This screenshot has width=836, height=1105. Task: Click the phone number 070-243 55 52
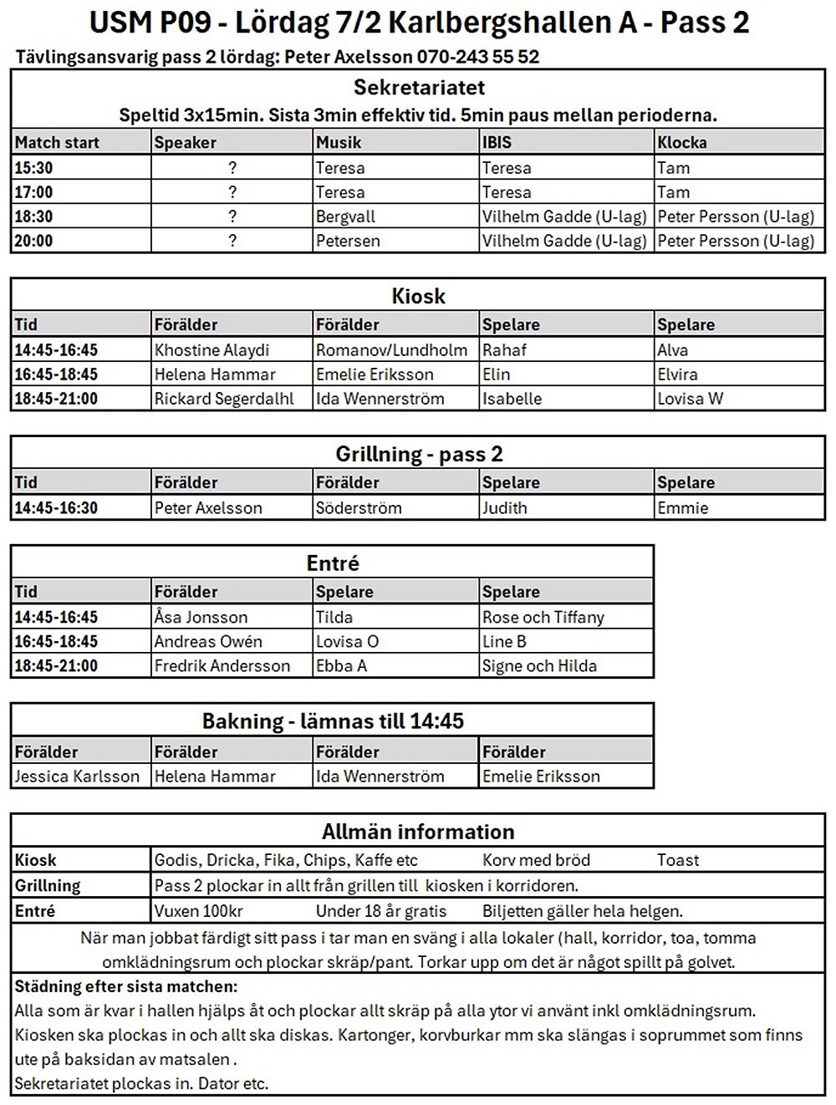477,58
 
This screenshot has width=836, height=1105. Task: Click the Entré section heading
332,563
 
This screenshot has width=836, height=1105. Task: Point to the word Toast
678,860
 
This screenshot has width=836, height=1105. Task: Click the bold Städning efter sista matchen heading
126,986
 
